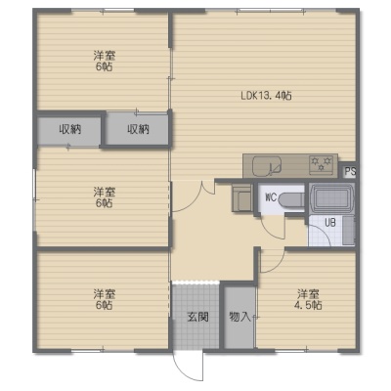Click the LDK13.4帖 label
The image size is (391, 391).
tap(266, 96)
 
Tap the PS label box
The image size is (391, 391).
tap(350, 171)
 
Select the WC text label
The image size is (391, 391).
tap(271, 197)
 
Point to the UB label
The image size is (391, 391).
tap(330, 223)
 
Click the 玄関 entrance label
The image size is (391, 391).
tap(197, 317)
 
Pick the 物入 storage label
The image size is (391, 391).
tap(239, 317)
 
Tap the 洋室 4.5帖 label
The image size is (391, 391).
tap(308, 300)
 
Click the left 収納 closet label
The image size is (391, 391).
tap(70, 130)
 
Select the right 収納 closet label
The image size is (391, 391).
tap(138, 130)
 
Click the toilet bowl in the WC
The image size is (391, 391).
tap(291, 199)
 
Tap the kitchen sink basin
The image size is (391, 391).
tap(267, 166)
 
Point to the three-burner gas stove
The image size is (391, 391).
tap(322, 163)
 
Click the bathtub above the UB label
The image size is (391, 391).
tap(331, 198)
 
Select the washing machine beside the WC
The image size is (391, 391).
tap(241, 197)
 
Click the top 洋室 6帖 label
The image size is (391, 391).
tap(105, 61)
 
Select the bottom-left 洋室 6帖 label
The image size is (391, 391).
tap(105, 300)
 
